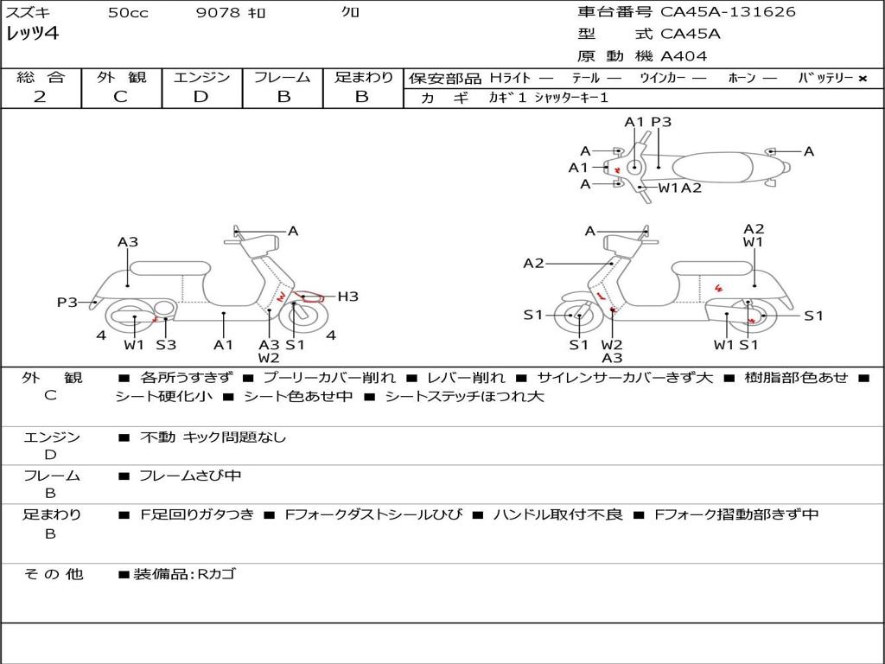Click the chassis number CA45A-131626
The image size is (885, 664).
(x=728, y=11)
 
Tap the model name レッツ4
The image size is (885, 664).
(x=32, y=34)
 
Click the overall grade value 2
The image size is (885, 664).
(x=40, y=97)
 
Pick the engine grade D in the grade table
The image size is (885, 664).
(x=201, y=97)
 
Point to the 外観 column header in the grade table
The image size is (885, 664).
(x=121, y=77)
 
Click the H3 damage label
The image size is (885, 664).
(x=347, y=297)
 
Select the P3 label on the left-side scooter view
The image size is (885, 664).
(x=67, y=302)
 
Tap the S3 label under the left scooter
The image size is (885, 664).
(x=166, y=344)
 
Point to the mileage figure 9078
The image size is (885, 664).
(x=218, y=12)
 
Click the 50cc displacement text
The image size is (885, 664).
(x=128, y=12)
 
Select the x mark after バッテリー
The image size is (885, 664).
(x=863, y=79)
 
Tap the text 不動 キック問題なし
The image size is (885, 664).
(x=213, y=437)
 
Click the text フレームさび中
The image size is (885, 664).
(x=190, y=476)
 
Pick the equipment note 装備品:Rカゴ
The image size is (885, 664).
(x=184, y=574)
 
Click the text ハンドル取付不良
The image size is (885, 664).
(x=557, y=514)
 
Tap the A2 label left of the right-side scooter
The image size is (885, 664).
(x=533, y=263)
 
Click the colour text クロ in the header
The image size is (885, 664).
(x=350, y=11)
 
